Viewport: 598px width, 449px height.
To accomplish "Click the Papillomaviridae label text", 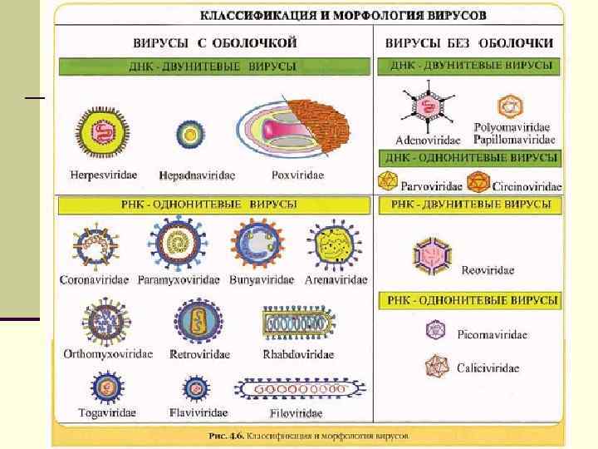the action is click(514, 140).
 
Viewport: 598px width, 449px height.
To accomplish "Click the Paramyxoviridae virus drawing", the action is click(172, 243).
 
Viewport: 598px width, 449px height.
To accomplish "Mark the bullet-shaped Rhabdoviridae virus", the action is click(297, 325).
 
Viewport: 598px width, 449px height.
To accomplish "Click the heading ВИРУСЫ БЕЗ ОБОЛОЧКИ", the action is click(469, 41).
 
